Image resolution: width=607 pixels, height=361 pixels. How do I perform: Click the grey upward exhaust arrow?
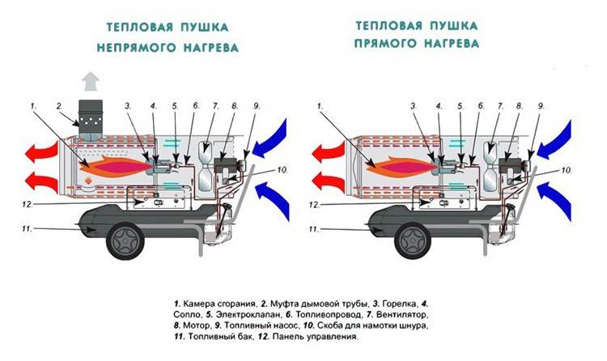coord(91,81)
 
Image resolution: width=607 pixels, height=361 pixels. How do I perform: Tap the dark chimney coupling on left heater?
coord(91,120)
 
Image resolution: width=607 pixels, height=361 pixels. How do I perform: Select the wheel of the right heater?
coord(413,241)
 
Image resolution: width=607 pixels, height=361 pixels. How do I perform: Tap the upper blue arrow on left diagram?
coord(270,139)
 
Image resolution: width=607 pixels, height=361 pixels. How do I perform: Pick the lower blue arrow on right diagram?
coord(554,200)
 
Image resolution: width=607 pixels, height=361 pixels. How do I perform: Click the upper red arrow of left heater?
coord(41,152)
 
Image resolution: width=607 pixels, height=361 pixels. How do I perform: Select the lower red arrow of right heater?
coord(328,181)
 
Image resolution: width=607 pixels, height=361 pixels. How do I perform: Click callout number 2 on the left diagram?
coord(59,106)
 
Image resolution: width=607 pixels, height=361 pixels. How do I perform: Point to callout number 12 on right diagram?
coord(314,204)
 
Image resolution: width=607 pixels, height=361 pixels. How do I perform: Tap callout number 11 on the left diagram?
coord(27,229)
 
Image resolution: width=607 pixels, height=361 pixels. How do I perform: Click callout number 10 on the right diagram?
coord(567,170)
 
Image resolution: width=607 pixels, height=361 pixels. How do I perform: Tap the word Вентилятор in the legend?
coord(401,314)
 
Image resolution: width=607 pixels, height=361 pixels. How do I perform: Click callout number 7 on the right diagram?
coord(500,106)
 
